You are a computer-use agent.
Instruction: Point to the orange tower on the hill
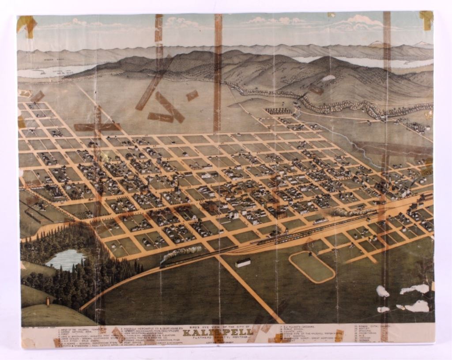click(x=47, y=302)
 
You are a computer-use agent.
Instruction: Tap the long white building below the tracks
click(x=243, y=263)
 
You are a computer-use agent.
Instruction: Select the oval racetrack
click(x=312, y=267)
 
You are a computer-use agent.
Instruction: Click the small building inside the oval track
click(x=310, y=255)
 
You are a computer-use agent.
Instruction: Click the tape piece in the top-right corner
click(x=426, y=20)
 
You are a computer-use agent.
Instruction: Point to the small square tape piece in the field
click(x=192, y=95)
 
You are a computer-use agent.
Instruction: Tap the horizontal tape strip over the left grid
click(x=97, y=127)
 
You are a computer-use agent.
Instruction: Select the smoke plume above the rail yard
click(x=353, y=212)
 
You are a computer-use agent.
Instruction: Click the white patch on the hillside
click(x=328, y=78)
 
